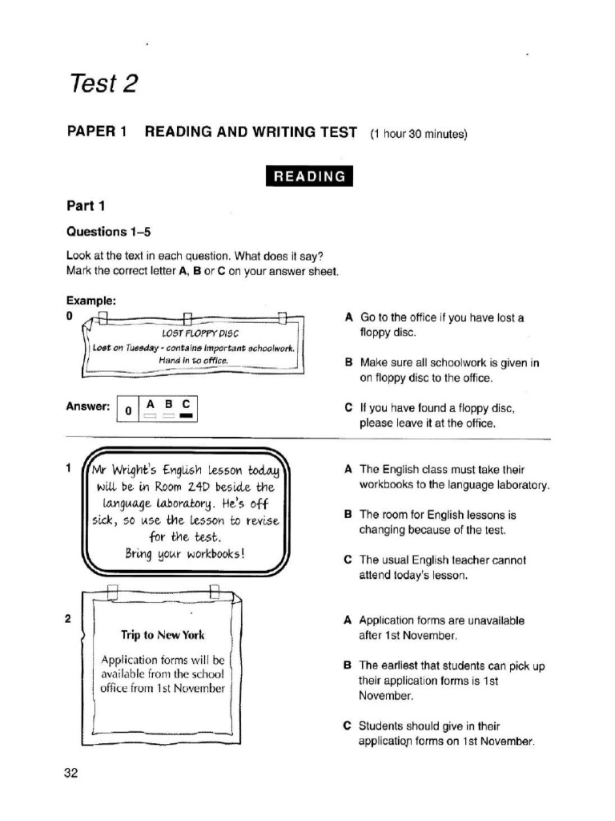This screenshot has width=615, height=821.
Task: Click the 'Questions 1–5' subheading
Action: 108,232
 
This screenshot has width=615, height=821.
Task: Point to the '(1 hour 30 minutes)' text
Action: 417,134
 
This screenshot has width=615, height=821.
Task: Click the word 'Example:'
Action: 91,301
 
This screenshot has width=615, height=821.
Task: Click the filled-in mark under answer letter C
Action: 187,416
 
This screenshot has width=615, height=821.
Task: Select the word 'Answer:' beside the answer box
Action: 88,406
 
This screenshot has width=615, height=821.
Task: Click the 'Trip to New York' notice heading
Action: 163,635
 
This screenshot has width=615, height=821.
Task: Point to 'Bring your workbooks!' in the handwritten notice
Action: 185,553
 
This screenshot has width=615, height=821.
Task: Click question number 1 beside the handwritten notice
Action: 70,467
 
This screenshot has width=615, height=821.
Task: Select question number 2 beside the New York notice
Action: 69,619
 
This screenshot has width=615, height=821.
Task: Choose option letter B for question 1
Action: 348,515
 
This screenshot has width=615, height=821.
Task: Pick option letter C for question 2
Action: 348,726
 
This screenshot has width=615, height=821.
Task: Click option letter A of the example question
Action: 348,317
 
